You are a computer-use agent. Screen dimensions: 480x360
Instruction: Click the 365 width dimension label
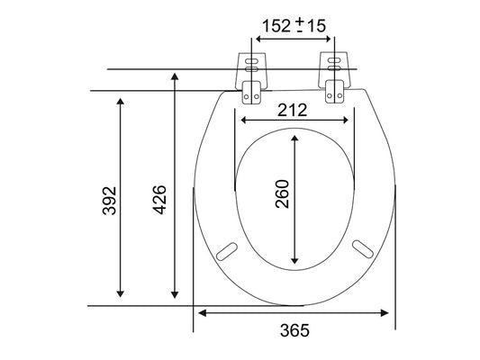point(294,330)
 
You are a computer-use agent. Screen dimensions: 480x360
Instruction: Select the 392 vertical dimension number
point(109,201)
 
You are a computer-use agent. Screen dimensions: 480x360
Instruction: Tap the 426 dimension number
point(159,200)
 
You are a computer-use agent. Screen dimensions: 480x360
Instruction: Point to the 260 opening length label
point(282,194)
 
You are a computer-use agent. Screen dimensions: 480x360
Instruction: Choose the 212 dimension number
point(292,110)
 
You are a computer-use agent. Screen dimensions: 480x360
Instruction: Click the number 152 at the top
point(276,26)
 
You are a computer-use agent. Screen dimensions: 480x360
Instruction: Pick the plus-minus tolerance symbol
point(300,25)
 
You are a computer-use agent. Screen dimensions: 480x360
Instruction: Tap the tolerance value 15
point(316,26)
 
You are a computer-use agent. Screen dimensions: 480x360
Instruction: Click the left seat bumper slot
point(227,251)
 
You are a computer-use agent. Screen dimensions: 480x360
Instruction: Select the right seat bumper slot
point(363,249)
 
